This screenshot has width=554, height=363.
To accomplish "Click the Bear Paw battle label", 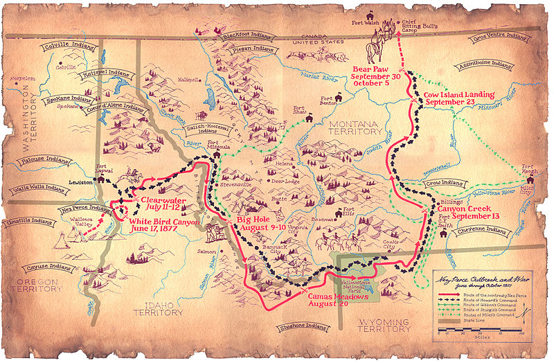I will [376, 78].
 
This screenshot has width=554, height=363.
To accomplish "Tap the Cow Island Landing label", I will [460, 98].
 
